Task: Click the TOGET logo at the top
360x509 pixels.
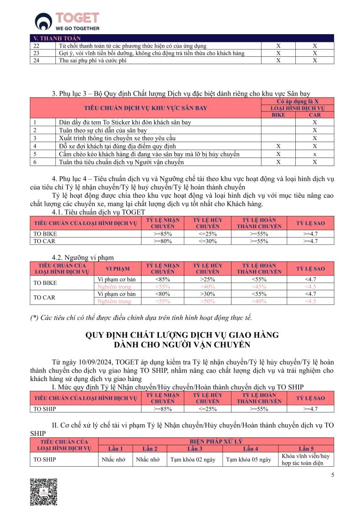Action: pyautogui.click(x=67, y=21)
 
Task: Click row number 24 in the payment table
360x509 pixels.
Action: pyautogui.click(x=37, y=60)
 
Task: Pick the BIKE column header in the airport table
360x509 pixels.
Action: pyautogui.click(x=278, y=115)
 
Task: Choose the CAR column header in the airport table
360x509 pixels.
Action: pyautogui.click(x=315, y=115)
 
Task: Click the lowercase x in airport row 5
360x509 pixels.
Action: pyautogui.click(x=315, y=154)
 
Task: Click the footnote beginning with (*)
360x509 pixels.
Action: pyautogui.click(x=141, y=318)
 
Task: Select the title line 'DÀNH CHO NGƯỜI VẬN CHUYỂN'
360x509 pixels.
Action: pyautogui.click(x=182, y=344)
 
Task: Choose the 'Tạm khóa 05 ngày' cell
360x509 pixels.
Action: pyautogui.click(x=248, y=459)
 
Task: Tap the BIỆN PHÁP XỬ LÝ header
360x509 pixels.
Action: pyautogui.click(x=216, y=442)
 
